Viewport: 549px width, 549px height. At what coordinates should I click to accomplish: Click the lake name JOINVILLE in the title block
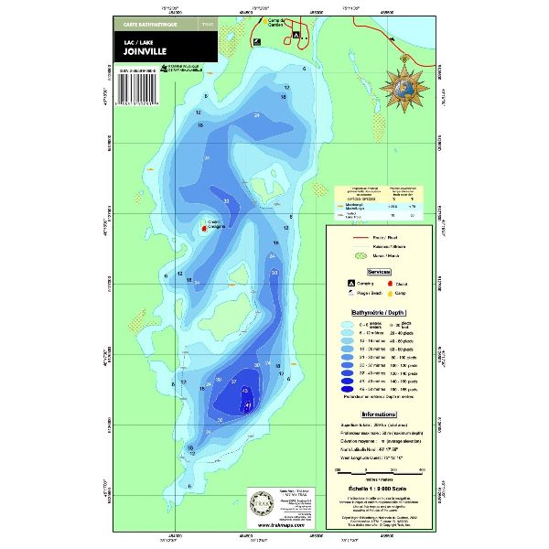click(145, 52)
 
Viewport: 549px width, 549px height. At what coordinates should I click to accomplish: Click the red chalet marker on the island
click(203, 229)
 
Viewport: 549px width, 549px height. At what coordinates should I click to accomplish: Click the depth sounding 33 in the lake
click(226, 201)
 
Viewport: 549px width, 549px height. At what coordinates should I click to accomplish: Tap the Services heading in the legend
click(382, 273)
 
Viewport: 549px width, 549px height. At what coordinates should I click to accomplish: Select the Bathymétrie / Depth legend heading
click(382, 312)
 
